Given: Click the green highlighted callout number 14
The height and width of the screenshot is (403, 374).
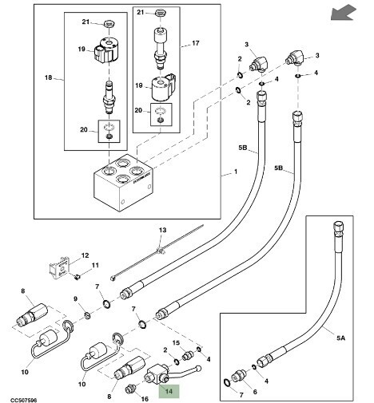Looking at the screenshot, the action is click(169, 391).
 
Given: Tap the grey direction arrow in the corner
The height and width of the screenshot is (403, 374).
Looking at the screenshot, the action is click(344, 14).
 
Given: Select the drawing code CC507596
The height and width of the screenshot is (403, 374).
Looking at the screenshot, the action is click(24, 400).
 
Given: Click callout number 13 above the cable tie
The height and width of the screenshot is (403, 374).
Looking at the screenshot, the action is click(162, 230).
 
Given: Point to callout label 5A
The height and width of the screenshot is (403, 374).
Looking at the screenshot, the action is click(340, 338).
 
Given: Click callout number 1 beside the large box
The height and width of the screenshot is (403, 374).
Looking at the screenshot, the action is click(236, 172).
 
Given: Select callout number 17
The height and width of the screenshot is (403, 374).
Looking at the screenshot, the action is click(196, 43).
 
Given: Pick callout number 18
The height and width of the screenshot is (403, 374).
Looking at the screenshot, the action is click(48, 77).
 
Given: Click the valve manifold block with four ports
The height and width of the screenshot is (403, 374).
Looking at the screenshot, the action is click(123, 183).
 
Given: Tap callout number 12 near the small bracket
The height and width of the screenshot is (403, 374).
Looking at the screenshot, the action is click(85, 255).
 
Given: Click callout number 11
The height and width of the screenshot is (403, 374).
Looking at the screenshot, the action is click(95, 265).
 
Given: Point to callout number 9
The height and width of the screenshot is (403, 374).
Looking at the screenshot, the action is click(75, 299).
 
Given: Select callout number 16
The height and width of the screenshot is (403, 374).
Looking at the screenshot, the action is click(145, 399).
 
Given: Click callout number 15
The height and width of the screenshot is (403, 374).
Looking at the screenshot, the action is click(176, 343).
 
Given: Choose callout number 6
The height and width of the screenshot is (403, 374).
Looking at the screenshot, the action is click(255, 392).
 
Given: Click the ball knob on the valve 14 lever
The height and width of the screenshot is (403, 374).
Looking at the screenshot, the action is click(198, 369).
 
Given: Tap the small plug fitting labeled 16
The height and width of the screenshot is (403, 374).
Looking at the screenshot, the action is click(129, 390).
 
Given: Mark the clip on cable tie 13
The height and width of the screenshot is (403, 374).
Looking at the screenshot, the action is click(161, 250).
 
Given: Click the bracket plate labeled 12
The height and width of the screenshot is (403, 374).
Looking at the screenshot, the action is click(59, 267).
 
